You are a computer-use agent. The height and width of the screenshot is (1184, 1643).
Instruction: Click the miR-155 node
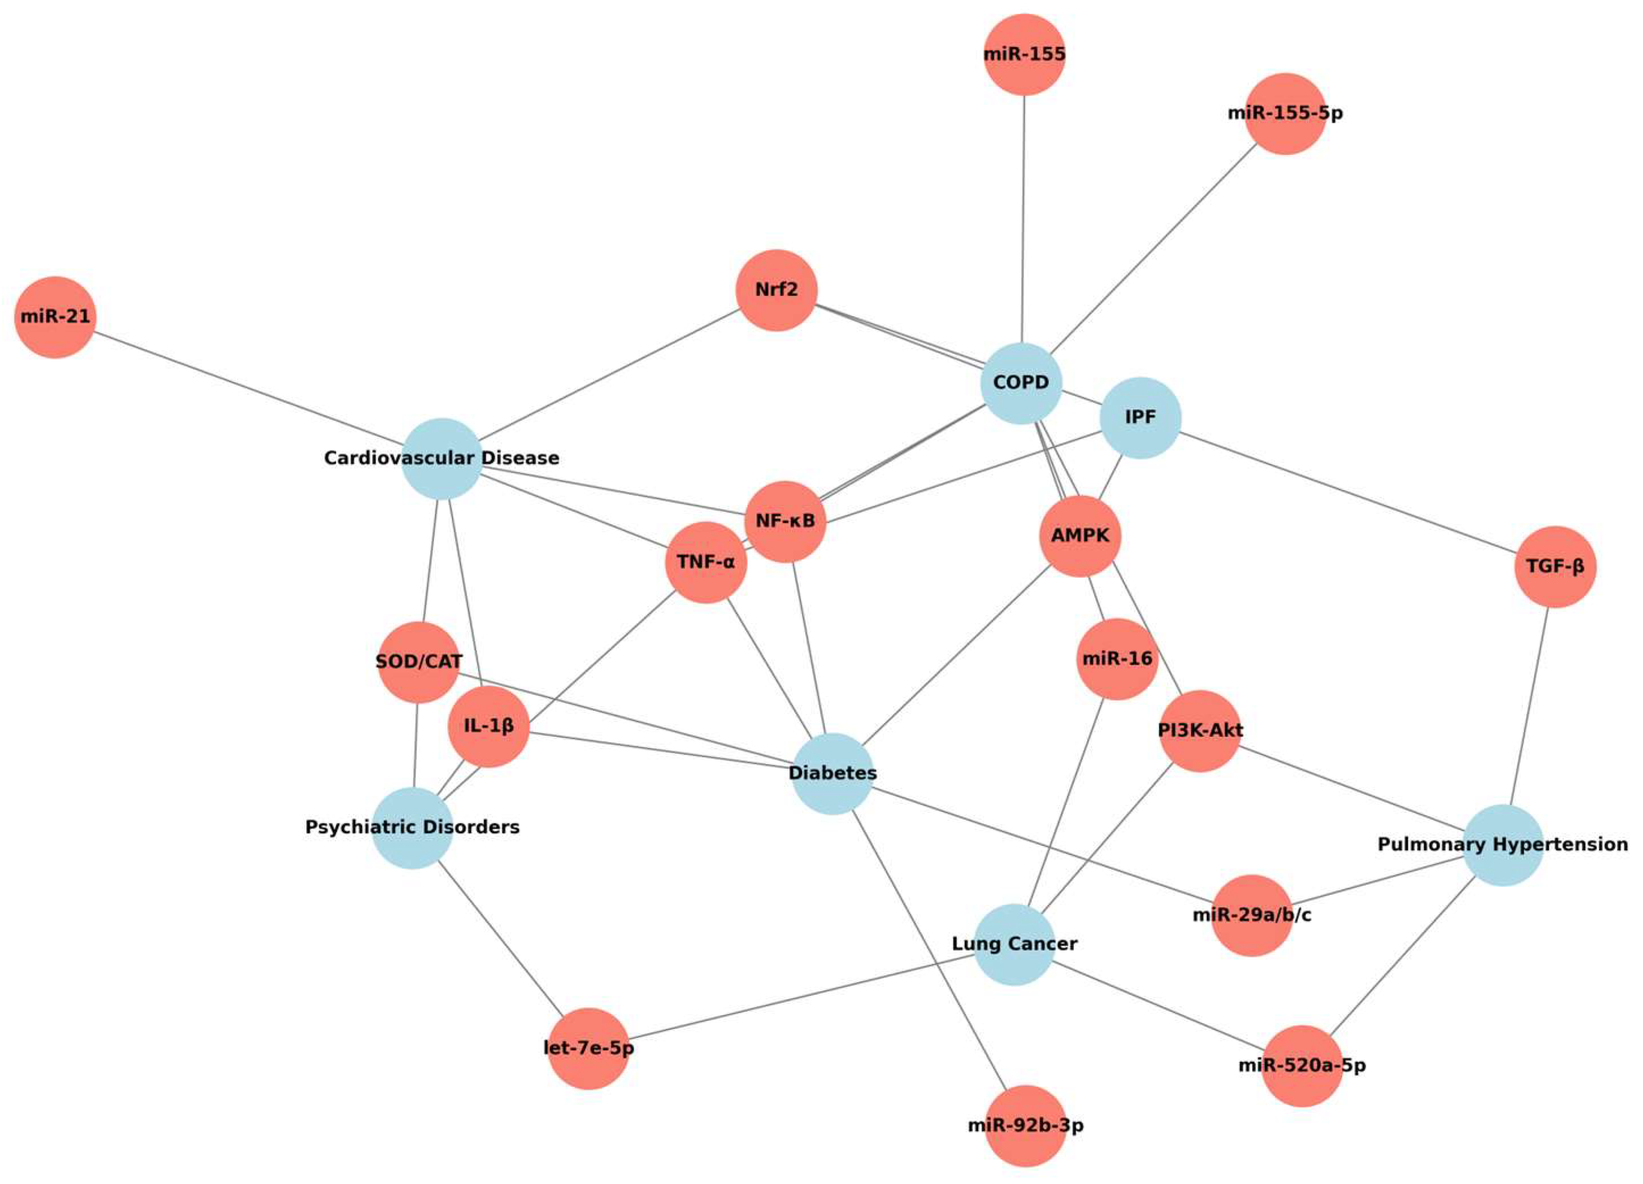pyautogui.click(x=1024, y=55)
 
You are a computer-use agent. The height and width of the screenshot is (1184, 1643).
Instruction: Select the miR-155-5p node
pyautogui.click(x=1285, y=114)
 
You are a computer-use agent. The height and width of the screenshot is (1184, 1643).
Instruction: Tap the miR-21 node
pyautogui.click(x=55, y=317)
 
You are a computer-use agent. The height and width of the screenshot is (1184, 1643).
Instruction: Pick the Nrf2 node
pyautogui.click(x=776, y=290)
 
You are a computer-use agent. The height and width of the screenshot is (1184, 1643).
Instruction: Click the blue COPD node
pyautogui.click(x=1021, y=383)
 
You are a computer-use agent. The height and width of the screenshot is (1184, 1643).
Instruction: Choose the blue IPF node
pyautogui.click(x=1140, y=418)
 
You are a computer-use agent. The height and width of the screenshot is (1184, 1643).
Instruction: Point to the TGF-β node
pyautogui.click(x=1555, y=566)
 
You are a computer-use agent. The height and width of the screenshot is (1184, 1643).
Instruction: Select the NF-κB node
pyautogui.click(x=785, y=522)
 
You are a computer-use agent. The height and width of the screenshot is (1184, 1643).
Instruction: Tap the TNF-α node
pyautogui.click(x=706, y=562)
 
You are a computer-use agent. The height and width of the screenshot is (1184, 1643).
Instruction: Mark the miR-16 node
pyautogui.click(x=1116, y=659)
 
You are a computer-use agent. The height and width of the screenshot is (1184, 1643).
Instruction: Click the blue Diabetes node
pyautogui.click(x=833, y=773)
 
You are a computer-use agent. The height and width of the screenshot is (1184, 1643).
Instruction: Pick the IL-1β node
pyautogui.click(x=488, y=726)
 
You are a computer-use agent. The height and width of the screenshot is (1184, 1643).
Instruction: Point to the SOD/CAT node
pyautogui.click(x=419, y=662)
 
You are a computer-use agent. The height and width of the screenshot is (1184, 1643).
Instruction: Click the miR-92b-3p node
pyautogui.click(x=1025, y=1126)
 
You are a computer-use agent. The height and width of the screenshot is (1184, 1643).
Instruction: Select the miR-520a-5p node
pyautogui.click(x=1302, y=1066)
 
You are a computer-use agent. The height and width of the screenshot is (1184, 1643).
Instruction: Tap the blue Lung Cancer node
pyautogui.click(x=1014, y=944)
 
